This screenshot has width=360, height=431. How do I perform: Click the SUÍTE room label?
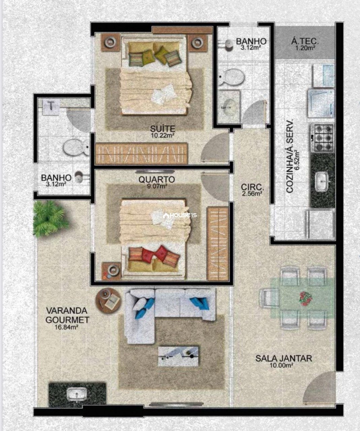163,129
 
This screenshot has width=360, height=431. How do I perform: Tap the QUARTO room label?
157,179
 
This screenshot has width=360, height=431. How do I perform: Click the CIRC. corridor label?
253,188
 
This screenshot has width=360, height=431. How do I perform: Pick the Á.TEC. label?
305,42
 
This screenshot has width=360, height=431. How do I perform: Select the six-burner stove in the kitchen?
322,138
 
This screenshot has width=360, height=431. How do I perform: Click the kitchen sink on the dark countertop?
322,181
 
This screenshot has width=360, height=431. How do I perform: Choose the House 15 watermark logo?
179,215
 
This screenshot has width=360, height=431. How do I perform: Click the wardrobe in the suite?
141,153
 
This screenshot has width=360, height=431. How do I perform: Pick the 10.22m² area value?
163,135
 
